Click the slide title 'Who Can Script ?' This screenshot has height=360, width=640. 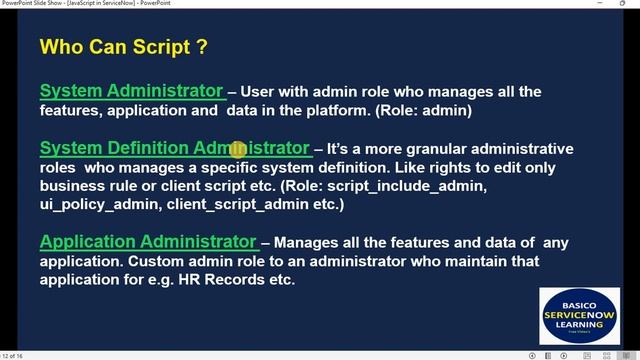[123, 47]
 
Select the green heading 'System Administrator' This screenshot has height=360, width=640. [131, 91]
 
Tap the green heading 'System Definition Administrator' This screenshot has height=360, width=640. [175, 148]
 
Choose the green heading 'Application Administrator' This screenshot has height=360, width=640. [148, 241]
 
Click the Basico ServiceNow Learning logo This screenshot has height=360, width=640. [579, 317]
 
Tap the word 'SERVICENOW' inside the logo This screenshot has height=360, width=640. [579, 313]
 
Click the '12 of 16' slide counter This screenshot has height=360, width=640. [14, 355]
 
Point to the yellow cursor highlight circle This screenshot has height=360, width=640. [238, 150]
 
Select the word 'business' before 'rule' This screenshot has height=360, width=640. [72, 186]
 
